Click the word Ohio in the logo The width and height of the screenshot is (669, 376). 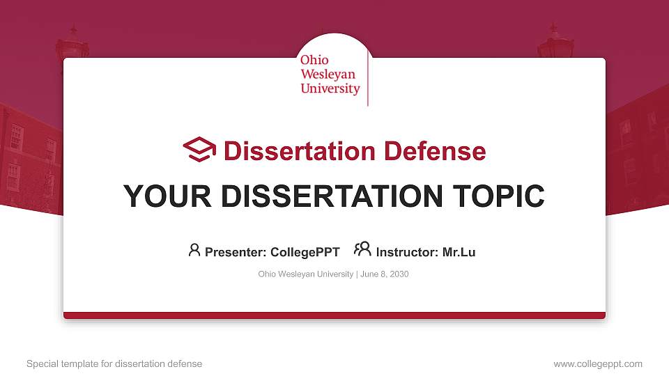(314, 61)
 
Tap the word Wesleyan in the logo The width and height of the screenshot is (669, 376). (328, 75)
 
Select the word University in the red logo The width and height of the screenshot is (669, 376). (330, 89)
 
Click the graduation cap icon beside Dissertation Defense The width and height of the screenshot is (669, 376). (199, 150)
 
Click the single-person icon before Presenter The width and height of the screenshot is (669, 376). (194, 250)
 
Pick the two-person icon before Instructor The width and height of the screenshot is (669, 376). (362, 249)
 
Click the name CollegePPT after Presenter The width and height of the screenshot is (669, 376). (306, 252)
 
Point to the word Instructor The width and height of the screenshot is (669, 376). (407, 252)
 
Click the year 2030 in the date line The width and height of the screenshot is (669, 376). (399, 274)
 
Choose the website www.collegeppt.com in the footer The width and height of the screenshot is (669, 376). (598, 363)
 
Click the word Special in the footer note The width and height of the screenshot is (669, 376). (41, 363)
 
